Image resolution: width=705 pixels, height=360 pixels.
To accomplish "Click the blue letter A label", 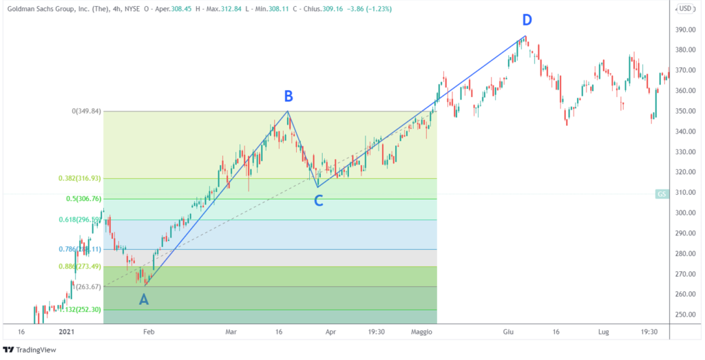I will click(143, 299).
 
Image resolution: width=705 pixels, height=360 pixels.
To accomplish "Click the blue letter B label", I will click(290, 96).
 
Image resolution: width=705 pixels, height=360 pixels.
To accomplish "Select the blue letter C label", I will click(318, 201).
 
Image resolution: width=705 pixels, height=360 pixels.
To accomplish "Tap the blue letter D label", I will click(527, 21).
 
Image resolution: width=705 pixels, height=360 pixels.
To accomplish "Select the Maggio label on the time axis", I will click(421, 332).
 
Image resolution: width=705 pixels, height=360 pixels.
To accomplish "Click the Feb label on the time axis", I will click(148, 332).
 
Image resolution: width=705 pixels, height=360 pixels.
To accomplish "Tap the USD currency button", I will click(685, 9).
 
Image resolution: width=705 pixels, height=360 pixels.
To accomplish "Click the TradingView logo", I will click(31, 350).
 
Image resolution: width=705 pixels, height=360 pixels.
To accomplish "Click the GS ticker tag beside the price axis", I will click(662, 194).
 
